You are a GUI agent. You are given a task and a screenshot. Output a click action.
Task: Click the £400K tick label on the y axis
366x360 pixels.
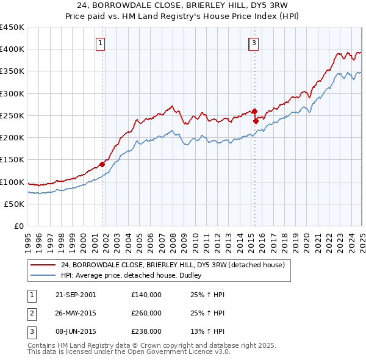(x=12, y=49)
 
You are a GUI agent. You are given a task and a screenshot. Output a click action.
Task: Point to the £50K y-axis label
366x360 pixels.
(x=14, y=204)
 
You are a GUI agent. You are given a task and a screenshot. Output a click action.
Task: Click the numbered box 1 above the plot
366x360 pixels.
(x=99, y=43)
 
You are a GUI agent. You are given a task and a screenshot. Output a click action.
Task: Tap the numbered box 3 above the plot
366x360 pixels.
(x=253, y=43)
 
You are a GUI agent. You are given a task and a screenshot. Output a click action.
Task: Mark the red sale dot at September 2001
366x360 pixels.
(x=102, y=164)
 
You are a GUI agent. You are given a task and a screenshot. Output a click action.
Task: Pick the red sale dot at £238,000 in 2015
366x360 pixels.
(x=256, y=121)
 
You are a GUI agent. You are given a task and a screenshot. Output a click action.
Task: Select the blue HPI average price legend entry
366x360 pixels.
(x=135, y=276)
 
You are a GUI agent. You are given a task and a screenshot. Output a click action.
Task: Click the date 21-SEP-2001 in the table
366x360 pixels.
(x=76, y=295)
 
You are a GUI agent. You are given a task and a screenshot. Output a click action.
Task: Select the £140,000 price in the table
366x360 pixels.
(x=146, y=295)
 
